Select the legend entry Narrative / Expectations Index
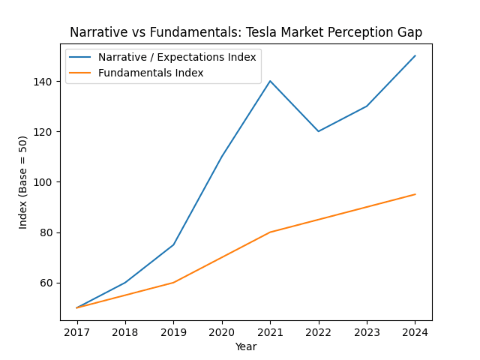[177, 57]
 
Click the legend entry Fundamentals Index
[151, 73]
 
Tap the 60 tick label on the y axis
[46, 283]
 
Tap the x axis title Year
[246, 346]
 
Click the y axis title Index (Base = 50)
[23, 182]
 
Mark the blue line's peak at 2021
[270, 81]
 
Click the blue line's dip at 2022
[319, 131]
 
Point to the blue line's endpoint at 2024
[415, 55]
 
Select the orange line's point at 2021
[270, 232]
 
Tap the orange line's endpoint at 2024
[415, 194]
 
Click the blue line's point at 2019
[174, 244]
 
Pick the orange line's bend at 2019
[174, 283]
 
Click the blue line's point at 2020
[222, 157]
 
